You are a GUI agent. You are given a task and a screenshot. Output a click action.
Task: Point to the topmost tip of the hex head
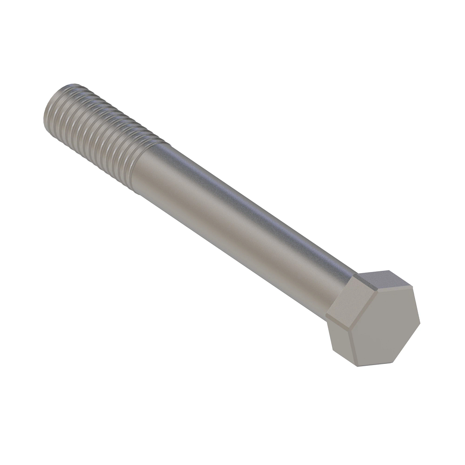(x=389, y=270)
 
